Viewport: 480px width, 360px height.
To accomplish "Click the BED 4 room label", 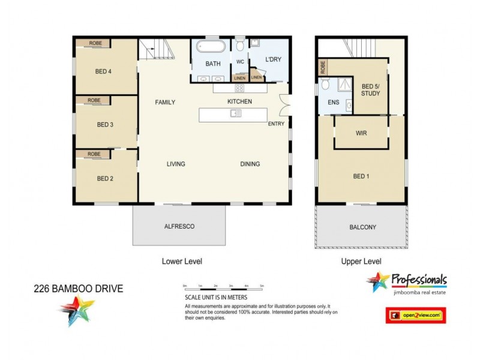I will click(103, 71).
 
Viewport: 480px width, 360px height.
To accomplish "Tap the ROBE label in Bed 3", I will click(94, 100).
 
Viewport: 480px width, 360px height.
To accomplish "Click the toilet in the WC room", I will click(240, 46).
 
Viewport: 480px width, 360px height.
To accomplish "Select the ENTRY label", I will click(277, 124).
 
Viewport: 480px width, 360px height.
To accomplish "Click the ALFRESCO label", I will click(181, 227).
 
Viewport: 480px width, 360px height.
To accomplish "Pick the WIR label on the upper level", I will click(361, 133).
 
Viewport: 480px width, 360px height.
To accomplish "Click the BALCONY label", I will click(362, 227).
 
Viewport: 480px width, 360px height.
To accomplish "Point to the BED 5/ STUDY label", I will click(370, 90).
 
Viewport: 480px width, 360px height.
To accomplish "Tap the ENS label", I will click(333, 102).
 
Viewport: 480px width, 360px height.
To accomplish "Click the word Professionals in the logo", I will click(418, 280).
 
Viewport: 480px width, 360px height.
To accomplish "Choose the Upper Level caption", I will click(361, 262).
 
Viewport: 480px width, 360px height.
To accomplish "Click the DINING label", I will click(250, 164).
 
